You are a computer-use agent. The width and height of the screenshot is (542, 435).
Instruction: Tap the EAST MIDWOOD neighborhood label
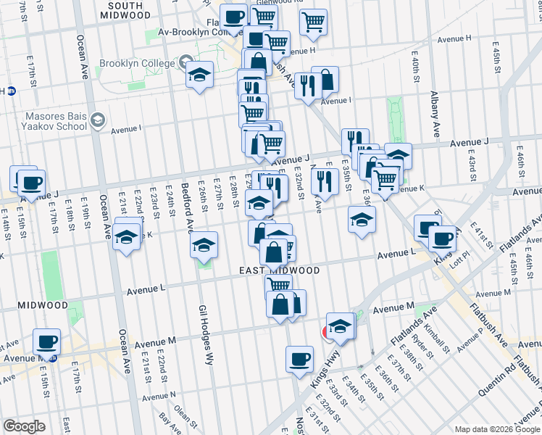280,270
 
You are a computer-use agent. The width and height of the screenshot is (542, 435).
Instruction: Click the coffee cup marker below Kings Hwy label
299,358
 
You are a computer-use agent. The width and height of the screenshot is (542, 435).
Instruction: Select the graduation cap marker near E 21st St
127,237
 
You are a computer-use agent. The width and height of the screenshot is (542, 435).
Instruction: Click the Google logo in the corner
24,426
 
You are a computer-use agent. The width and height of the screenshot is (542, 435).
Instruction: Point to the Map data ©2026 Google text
497,429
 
